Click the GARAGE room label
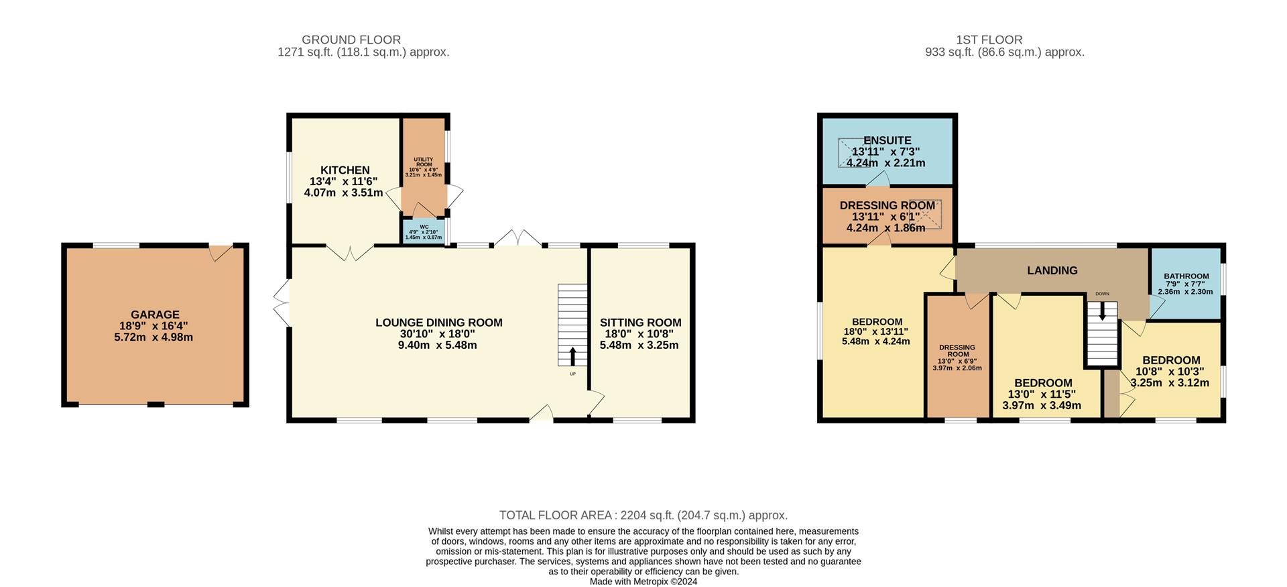[155, 315]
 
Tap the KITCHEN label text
[345, 170]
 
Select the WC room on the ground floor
[424, 232]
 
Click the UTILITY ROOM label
[424, 162]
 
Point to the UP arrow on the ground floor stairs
[572, 356]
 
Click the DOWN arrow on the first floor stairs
[1102, 312]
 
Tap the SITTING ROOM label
[640, 323]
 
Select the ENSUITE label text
[887, 140]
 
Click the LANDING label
[1052, 270]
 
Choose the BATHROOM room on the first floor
[1186, 283]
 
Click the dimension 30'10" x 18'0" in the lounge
[439, 334]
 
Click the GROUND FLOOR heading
[351, 40]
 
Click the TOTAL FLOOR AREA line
[643, 515]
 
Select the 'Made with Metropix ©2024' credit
[643, 582]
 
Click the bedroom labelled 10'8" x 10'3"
[1170, 371]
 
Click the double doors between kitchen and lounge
[350, 252]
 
